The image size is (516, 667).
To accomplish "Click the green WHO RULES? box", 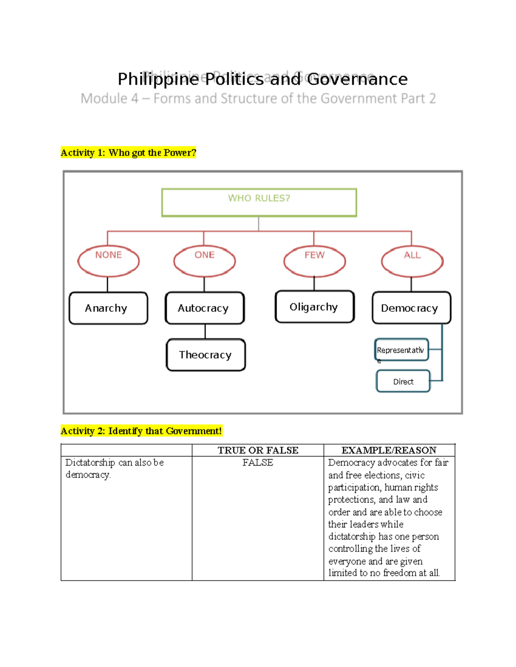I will (x=259, y=202).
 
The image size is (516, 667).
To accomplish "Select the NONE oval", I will (x=108, y=261).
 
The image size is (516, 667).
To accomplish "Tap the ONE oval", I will (x=204, y=261).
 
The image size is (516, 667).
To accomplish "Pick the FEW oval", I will (x=314, y=261).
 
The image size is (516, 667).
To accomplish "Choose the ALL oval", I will (x=412, y=261).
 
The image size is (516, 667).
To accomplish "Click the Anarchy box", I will (x=108, y=308).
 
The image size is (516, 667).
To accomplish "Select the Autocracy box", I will (x=204, y=308).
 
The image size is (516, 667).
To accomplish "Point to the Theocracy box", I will (x=206, y=355).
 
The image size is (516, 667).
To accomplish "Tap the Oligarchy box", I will (x=314, y=307).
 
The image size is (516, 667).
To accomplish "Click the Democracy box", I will (x=411, y=308).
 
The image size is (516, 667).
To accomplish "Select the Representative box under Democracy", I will (x=401, y=350).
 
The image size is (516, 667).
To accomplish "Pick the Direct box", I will (x=403, y=381).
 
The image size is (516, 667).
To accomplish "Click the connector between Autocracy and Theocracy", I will (x=205, y=331).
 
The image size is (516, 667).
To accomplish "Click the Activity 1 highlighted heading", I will (x=128, y=152).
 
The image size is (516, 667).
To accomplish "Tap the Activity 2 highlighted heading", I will (x=141, y=431).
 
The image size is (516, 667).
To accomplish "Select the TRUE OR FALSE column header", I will (x=258, y=450).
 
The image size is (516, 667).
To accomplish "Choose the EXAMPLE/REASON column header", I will (x=389, y=450).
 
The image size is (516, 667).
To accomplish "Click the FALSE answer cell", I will (x=258, y=463).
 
